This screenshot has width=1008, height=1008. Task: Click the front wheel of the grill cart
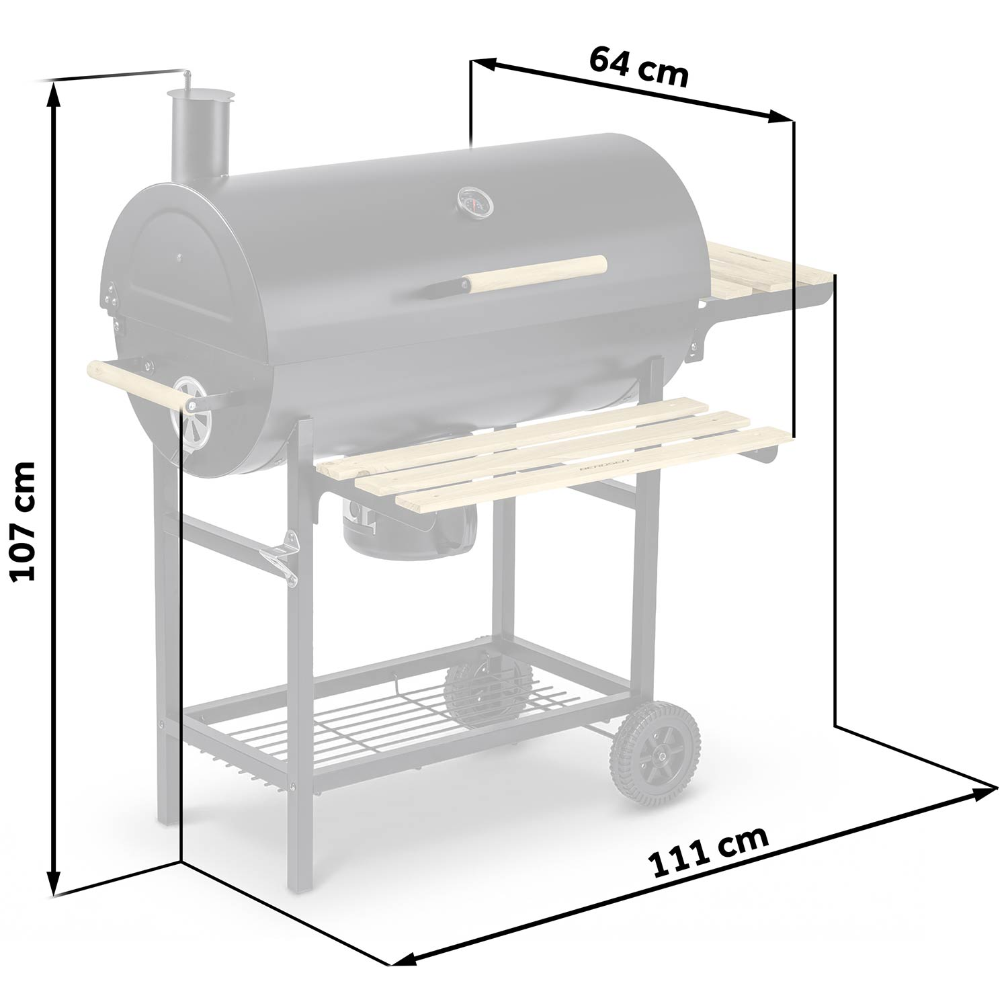pyautogui.click(x=655, y=753)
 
